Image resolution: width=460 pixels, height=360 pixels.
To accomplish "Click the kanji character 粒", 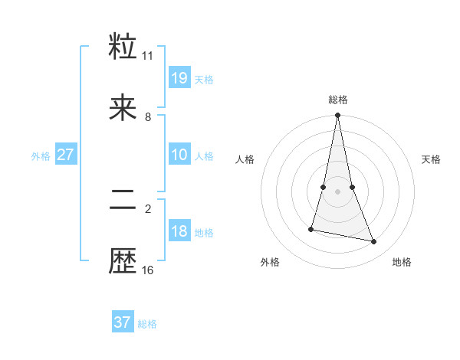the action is [123, 47].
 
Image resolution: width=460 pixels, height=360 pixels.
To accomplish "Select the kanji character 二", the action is [123, 201].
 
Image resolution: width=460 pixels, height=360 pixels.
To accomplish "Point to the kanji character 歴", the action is [123, 262].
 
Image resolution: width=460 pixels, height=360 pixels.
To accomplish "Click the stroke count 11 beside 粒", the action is [148, 56].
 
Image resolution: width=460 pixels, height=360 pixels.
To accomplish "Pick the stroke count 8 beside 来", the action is [148, 116].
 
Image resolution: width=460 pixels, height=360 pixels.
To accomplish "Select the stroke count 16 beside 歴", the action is [148, 270].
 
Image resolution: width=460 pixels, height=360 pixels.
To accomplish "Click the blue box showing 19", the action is [179, 77].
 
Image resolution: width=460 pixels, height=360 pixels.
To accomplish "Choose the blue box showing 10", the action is [179, 155].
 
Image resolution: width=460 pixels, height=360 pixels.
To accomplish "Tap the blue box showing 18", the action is [179, 231].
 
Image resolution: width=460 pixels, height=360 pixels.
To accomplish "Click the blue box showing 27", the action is [65, 155].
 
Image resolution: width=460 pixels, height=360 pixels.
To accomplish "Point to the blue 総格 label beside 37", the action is [147, 324].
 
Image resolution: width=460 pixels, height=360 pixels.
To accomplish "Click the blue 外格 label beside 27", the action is [41, 156].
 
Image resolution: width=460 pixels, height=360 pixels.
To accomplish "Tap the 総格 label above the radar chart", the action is [338, 100].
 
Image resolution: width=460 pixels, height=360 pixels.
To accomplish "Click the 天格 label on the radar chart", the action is [432, 159].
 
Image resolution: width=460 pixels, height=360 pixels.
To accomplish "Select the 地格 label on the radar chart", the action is [402, 262].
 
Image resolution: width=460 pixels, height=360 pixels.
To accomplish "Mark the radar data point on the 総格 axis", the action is [337, 116].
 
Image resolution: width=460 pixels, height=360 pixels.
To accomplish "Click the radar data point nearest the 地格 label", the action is [374, 241].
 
